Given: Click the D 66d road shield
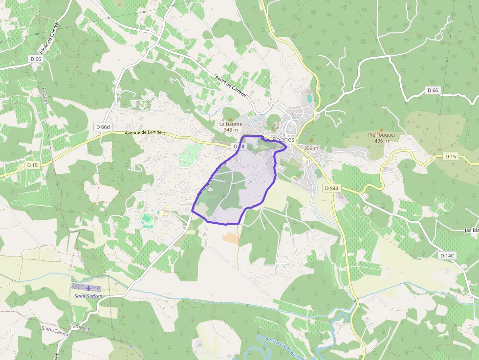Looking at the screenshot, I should click(103, 127).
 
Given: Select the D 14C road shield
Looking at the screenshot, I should click(447, 255).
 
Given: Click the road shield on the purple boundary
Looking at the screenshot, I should click(239, 147).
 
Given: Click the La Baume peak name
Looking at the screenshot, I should click(231, 124).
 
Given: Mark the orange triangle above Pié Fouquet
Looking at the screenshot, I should click(381, 129).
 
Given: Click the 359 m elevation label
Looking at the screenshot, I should click(311, 148).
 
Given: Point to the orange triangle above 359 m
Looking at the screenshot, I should click(310, 141).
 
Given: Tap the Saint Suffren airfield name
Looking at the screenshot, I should click(88, 296).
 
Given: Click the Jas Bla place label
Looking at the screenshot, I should click(471, 230).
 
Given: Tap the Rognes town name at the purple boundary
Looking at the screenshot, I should click(283, 140).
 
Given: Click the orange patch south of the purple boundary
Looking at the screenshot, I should click(231, 238).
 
